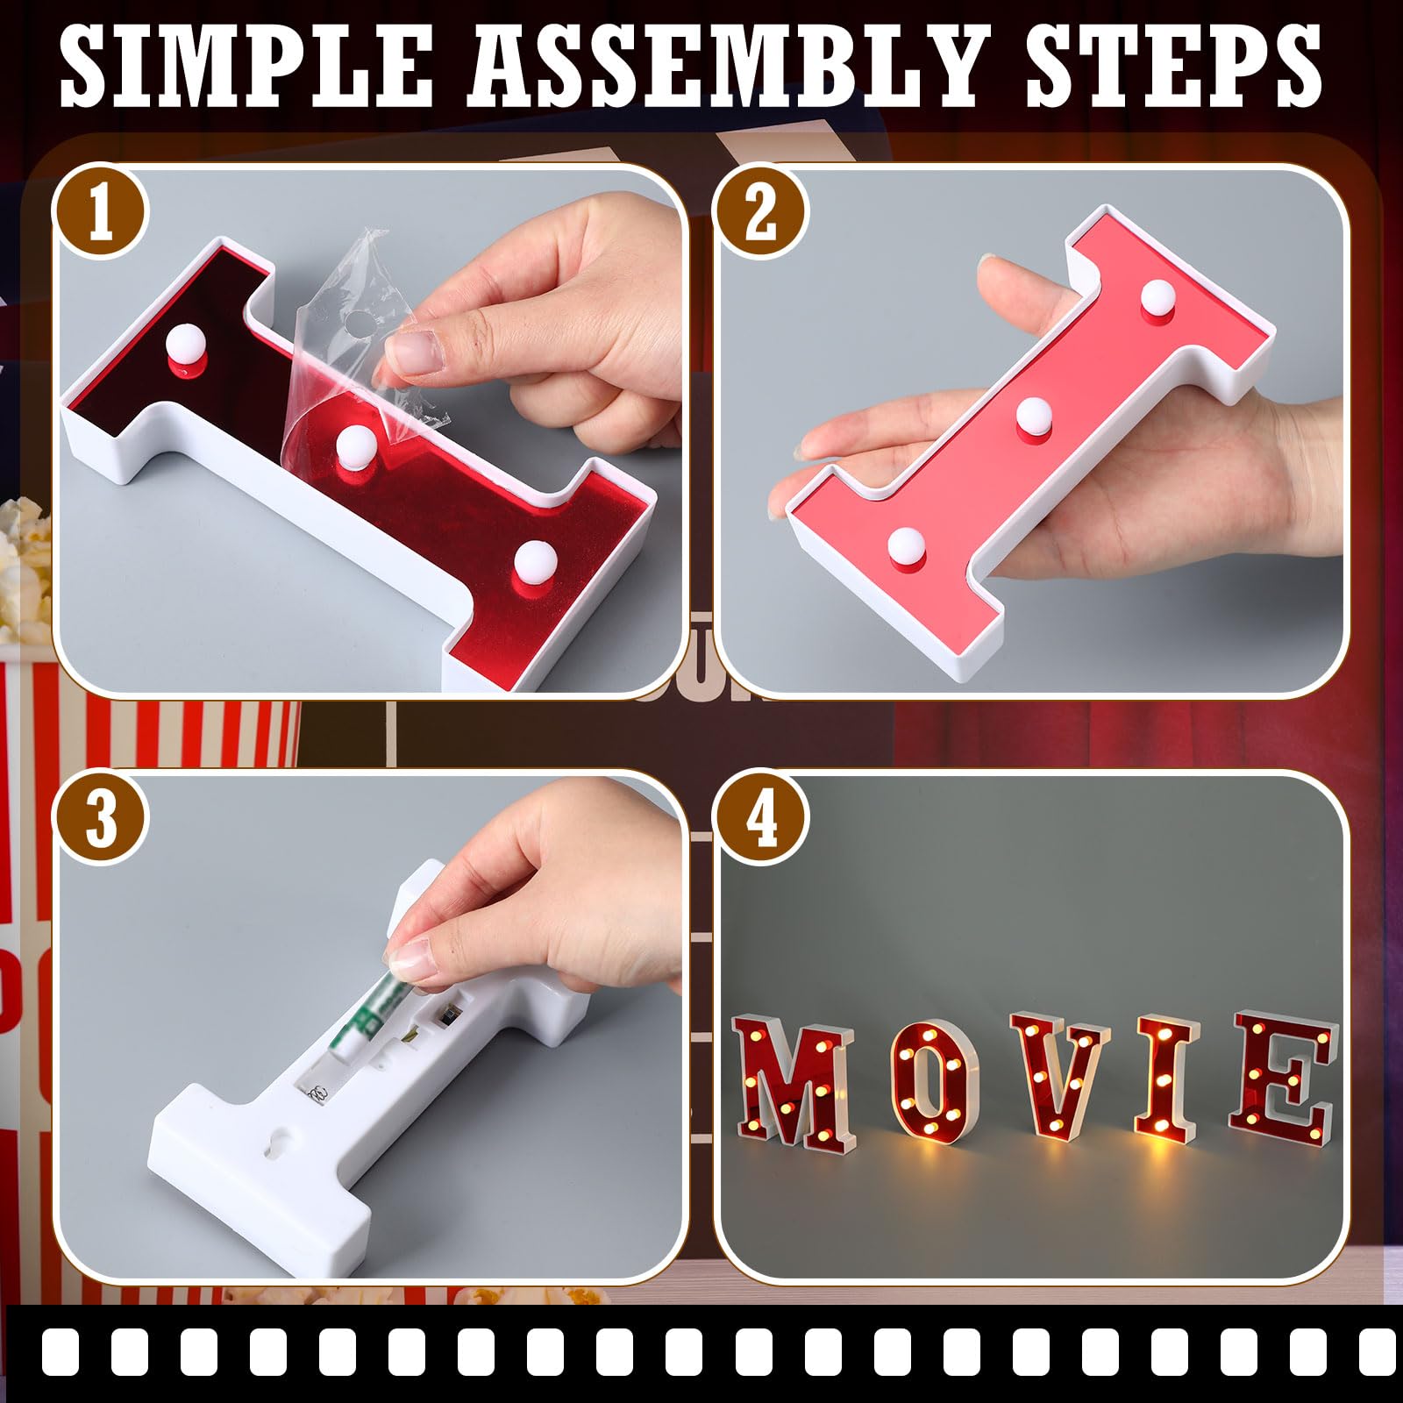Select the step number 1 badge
click(x=100, y=211)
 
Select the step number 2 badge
click(x=761, y=211)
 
